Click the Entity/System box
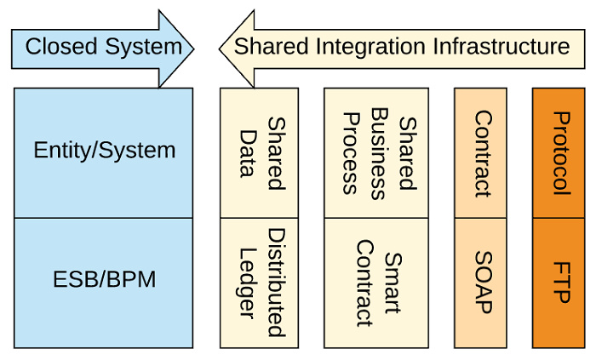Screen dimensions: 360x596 click(104, 151)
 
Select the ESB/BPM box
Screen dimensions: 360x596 click(104, 281)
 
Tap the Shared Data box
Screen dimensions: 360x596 click(259, 151)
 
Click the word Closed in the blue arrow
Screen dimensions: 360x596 click(58, 46)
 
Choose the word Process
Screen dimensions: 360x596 click(349, 151)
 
